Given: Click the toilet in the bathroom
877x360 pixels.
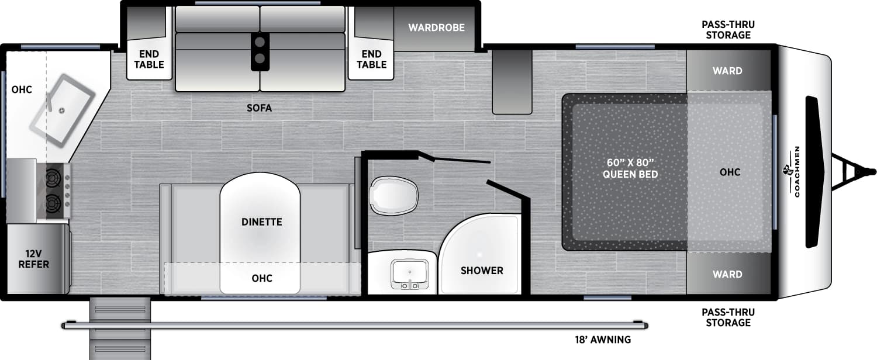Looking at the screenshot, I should coord(395,195).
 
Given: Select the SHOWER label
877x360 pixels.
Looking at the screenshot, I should coord(482,270).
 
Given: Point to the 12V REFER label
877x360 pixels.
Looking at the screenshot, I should coord(33,259).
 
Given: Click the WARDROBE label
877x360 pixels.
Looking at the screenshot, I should coord(436,27).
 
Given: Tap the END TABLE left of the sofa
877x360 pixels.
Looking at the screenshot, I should coord(149,60).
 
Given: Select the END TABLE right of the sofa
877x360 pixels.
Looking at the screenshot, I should coord(372,60).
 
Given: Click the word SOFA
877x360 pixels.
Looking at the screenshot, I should coord(260,108).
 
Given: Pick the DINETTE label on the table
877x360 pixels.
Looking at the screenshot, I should coord(261,222).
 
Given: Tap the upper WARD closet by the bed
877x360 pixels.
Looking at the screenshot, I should coord(727,71).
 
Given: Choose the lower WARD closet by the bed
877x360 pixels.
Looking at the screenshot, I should coord(727,274).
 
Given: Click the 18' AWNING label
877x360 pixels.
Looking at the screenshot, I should coord(602,340).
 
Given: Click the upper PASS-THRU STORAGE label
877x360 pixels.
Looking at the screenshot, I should coord(727,30).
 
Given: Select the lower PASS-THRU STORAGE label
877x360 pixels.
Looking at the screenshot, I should coord(727,317).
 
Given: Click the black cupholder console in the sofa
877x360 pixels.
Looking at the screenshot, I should coord(260,51).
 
